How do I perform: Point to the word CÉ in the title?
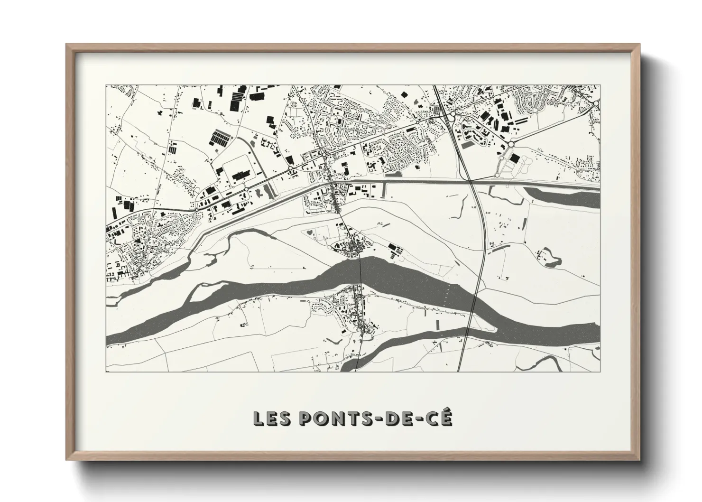(x=440, y=418)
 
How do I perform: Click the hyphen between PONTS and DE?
(x=378, y=418)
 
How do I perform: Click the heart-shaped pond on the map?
(x=309, y=232)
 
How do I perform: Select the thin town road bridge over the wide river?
(x=360, y=270)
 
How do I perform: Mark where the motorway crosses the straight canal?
(x=470, y=181)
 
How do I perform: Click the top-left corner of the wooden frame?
(x=67, y=45)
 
